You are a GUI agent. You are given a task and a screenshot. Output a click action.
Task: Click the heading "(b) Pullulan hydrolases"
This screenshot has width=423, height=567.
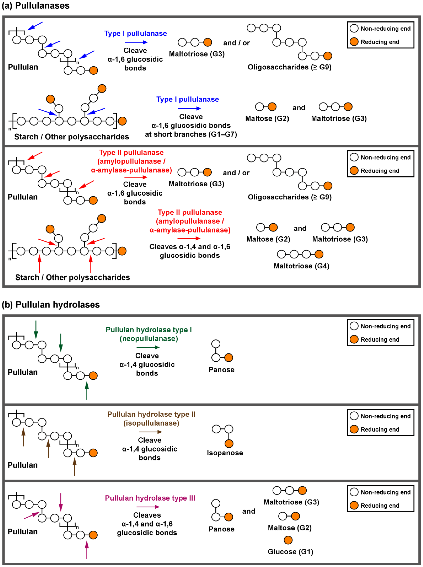pos(51,304)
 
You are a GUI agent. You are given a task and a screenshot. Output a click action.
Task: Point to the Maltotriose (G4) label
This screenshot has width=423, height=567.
pos(301,266)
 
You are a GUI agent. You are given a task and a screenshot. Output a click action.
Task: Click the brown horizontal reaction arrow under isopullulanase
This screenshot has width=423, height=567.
pos(151,432)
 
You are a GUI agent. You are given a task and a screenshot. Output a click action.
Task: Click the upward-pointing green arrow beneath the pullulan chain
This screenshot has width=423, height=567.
pos(87,390)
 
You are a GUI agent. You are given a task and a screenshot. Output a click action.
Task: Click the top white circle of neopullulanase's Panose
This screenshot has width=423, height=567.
pos(216,344)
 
